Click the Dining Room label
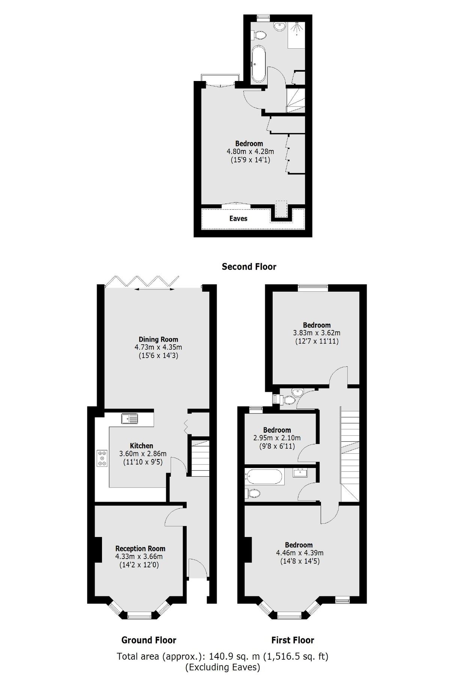[x=158, y=339]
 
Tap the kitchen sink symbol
[x=130, y=418]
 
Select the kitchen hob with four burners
[x=102, y=458]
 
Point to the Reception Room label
[x=140, y=548]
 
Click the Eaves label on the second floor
[x=238, y=219]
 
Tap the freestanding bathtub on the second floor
[x=258, y=64]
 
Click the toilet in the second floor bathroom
[x=259, y=35]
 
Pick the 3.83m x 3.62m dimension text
[x=317, y=333]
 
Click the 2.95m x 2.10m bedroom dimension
[x=277, y=438]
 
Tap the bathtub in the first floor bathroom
[x=264, y=477]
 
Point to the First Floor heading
[x=292, y=640]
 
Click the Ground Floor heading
[x=148, y=640]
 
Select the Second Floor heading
[x=249, y=267]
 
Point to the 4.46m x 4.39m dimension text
[x=300, y=553]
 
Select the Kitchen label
[x=141, y=446]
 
